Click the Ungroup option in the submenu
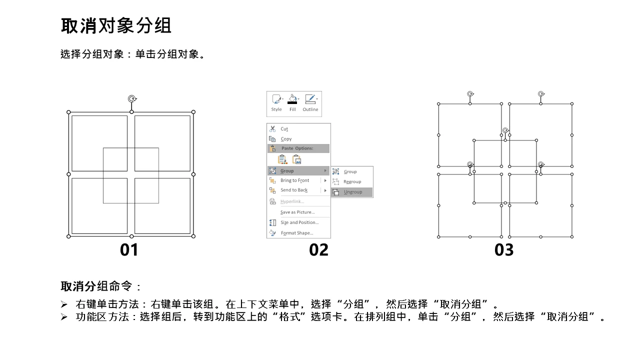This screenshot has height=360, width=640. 352,192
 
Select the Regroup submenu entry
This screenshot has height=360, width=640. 352,181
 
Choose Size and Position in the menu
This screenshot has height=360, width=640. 298,222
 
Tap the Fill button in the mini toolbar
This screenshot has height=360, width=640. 292,103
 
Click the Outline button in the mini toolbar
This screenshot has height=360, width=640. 310,103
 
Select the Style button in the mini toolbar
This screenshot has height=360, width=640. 276,103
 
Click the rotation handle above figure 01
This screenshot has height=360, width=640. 132,99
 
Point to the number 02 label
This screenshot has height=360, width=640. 318,250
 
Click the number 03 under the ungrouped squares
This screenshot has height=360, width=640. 504,250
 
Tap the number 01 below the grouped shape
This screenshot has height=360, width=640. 129,250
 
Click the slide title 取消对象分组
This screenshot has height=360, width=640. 116,25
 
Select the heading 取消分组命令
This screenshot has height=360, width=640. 96,286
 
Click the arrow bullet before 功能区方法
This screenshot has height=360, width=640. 64,317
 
